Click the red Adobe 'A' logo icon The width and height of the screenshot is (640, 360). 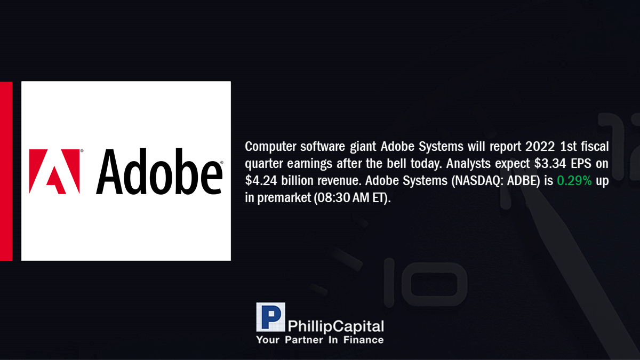(54, 171)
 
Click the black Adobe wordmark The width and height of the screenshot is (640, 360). (159, 171)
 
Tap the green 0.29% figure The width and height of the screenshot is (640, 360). (574, 181)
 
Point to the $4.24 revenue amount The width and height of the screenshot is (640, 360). (261, 181)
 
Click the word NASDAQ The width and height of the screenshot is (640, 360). (477, 181)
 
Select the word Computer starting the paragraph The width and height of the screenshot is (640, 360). (270, 147)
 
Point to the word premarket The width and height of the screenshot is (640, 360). (284, 198)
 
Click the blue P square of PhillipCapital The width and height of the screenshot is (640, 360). (270, 317)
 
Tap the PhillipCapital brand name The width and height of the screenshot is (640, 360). (335, 326)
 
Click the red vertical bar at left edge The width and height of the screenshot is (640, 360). (6, 171)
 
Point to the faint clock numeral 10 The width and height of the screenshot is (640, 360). (425, 282)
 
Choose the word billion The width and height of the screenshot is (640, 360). (297, 181)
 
